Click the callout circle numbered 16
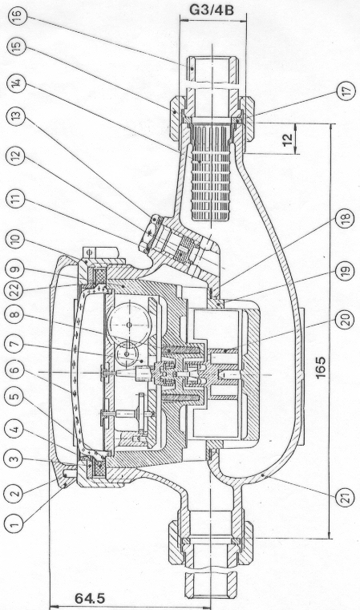click(x=17, y=16)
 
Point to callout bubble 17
click(x=346, y=91)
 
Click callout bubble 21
click(x=346, y=497)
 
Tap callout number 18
click(x=345, y=217)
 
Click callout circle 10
click(x=14, y=241)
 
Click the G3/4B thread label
click(x=212, y=10)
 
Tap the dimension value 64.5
click(x=90, y=598)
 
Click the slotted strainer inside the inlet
click(x=211, y=172)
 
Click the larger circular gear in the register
click(x=129, y=323)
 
